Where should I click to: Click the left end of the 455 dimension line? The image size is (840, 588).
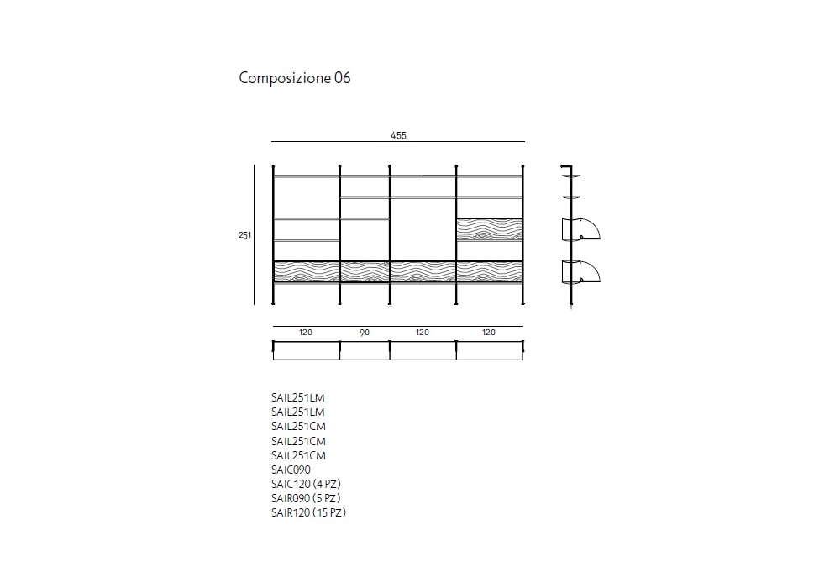271,141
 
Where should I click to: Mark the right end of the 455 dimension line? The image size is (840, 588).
525,141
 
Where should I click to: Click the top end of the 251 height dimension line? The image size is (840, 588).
254,165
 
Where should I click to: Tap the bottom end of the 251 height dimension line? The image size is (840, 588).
254,305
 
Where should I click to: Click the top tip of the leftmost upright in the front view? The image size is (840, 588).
273,166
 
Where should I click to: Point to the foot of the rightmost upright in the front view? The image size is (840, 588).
522,303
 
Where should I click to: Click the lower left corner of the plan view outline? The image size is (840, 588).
273,360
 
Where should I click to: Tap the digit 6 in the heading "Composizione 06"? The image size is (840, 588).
347,78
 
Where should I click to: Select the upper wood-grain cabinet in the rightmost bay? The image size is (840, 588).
490,228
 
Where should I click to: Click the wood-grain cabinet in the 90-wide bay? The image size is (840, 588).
365,271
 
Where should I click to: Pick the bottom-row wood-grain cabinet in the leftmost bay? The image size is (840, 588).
307,271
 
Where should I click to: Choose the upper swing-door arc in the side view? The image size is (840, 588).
590,228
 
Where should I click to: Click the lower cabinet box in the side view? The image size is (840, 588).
571,271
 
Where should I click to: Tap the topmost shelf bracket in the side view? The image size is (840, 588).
571,175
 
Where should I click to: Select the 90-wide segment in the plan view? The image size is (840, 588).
365,350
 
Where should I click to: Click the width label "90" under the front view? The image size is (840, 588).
365,333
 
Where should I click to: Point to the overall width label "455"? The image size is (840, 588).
398,135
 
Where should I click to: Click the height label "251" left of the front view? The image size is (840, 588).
244,235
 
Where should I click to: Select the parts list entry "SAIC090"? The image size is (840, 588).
291,470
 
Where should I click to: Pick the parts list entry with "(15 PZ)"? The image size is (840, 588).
308,512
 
